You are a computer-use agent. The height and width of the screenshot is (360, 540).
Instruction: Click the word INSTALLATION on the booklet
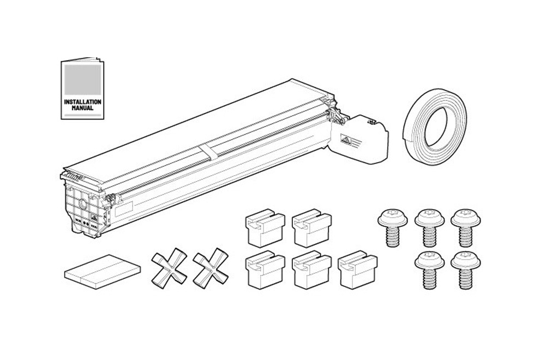83,102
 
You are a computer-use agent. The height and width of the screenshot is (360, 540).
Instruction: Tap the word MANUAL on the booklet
83,108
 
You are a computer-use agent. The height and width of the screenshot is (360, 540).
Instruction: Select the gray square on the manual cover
83,80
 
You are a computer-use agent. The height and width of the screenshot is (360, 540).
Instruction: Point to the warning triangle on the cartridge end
345,140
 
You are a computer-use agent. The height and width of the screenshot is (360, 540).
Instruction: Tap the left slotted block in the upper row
265,227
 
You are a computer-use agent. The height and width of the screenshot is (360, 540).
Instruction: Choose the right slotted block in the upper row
311,227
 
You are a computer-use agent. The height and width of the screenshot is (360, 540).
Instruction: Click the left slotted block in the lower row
265,270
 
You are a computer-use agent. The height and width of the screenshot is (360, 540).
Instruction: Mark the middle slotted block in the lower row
311,270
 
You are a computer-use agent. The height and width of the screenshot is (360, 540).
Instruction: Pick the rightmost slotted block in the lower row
358,270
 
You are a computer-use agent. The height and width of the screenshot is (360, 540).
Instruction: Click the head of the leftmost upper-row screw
392,218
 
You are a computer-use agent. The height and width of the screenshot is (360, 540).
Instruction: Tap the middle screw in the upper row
429,227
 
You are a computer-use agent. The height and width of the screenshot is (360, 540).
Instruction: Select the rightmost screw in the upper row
466,227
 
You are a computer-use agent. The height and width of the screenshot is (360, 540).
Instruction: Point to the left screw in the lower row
429,270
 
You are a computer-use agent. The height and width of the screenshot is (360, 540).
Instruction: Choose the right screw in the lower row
466,270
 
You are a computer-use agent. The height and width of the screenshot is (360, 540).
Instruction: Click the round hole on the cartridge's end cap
83,203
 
